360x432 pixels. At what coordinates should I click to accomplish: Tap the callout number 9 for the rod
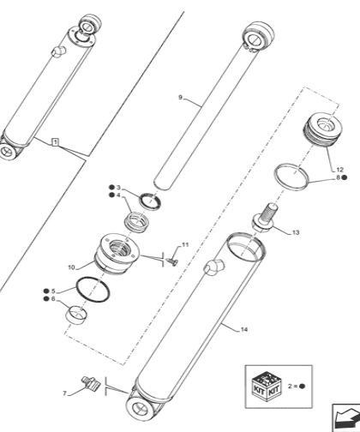[181, 99]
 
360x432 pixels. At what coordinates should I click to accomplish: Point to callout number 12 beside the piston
[339, 170]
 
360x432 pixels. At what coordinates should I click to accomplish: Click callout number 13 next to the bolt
[295, 231]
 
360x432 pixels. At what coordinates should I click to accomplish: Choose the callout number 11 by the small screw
[184, 245]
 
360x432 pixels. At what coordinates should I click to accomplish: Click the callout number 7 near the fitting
[63, 393]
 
